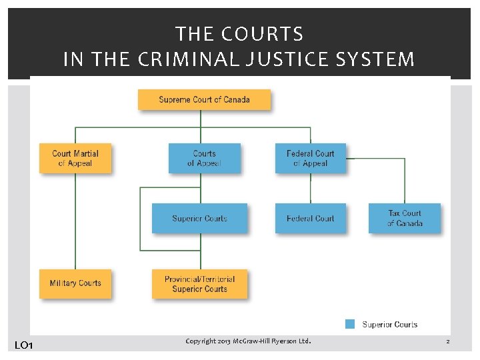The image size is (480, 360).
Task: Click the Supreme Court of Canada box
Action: pyautogui.click(x=204, y=100)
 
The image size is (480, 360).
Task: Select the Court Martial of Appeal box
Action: pyautogui.click(x=75, y=159)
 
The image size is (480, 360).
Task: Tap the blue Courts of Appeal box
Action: pyautogui.click(x=204, y=159)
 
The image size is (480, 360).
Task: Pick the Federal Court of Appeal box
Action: pyautogui.click(x=311, y=159)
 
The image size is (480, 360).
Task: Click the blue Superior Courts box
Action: pyautogui.click(x=199, y=219)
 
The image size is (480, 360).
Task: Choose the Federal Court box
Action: pyautogui.click(x=311, y=219)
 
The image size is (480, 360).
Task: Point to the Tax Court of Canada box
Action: pyautogui.click(x=405, y=219)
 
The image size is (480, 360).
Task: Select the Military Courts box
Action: pyautogui.click(x=75, y=283)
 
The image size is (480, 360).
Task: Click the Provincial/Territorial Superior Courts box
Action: pyautogui.click(x=199, y=284)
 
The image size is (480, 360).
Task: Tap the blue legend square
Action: pyautogui.click(x=350, y=325)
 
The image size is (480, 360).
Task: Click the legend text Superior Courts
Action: pyautogui.click(x=390, y=325)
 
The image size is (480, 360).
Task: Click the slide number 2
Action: pyautogui.click(x=448, y=341)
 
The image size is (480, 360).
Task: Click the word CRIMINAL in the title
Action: pyautogui.click(x=181, y=60)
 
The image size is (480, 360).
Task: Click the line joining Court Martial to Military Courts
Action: pyautogui.click(x=75, y=220)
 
